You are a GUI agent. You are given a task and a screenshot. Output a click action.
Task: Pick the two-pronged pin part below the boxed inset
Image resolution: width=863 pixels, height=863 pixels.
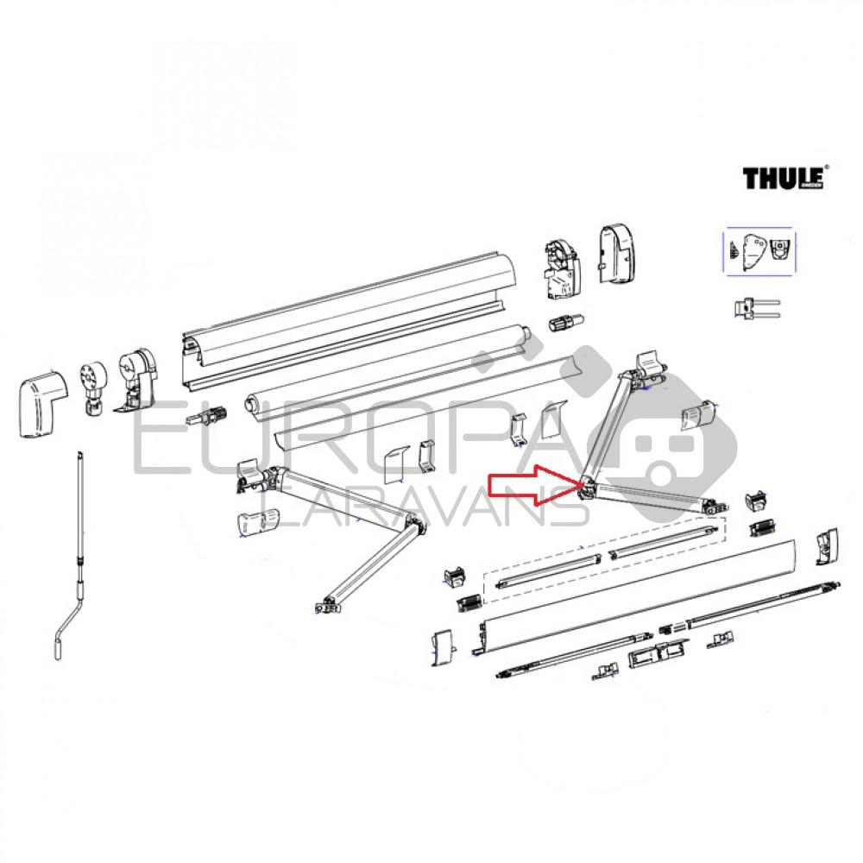tap(753, 308)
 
